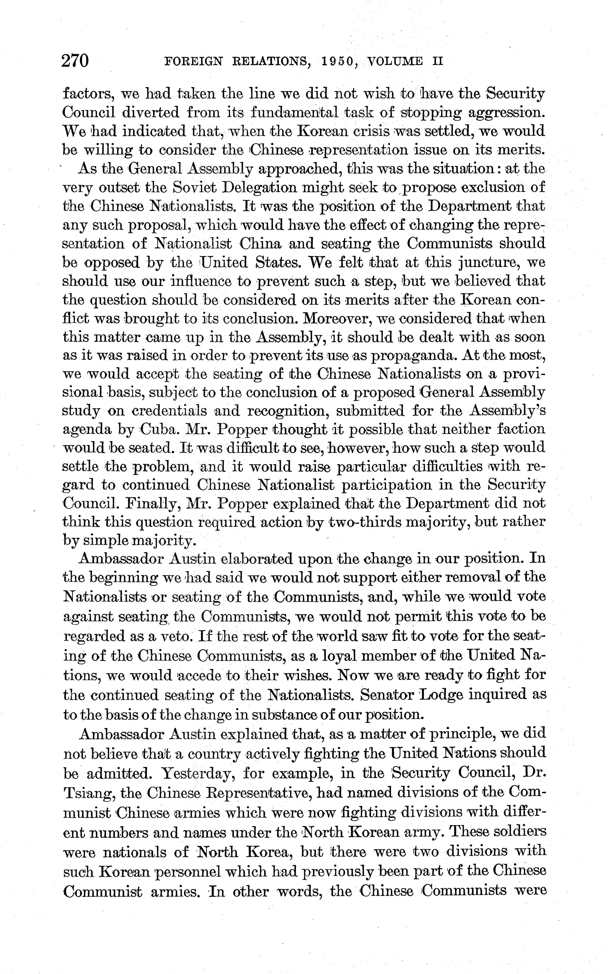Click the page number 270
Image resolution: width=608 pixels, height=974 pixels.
[75, 61]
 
